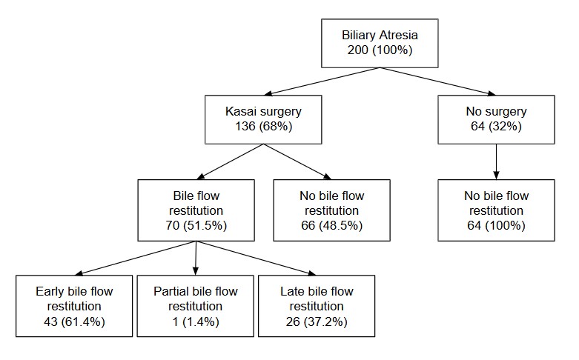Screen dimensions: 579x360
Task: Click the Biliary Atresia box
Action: (x=380, y=43)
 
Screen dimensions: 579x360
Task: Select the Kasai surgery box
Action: (x=263, y=119)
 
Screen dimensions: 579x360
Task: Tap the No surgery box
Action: (x=496, y=119)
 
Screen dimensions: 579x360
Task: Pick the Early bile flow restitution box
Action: (x=74, y=306)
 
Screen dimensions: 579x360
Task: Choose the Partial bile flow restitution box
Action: (x=195, y=306)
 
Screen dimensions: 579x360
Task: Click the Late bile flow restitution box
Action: (x=317, y=306)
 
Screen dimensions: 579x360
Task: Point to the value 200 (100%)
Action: (x=380, y=50)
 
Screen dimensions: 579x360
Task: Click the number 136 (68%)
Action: (x=264, y=126)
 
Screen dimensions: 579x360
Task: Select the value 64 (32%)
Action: (x=496, y=126)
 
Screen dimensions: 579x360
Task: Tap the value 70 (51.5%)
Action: (x=196, y=225)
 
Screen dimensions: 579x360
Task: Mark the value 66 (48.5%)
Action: (x=332, y=225)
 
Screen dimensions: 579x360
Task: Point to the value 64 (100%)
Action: (x=496, y=225)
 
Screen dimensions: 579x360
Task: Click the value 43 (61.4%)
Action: (x=74, y=321)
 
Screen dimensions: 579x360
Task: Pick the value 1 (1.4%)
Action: (x=196, y=321)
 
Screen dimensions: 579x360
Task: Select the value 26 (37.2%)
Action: (x=317, y=321)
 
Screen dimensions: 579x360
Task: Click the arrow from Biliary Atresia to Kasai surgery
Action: (x=322, y=81)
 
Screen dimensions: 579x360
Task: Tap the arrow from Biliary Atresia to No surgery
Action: (x=437, y=81)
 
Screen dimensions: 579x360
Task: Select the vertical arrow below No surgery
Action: (x=496, y=161)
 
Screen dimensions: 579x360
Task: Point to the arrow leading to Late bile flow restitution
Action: (x=256, y=259)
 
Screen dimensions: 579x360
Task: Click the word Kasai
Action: (x=240, y=111)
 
